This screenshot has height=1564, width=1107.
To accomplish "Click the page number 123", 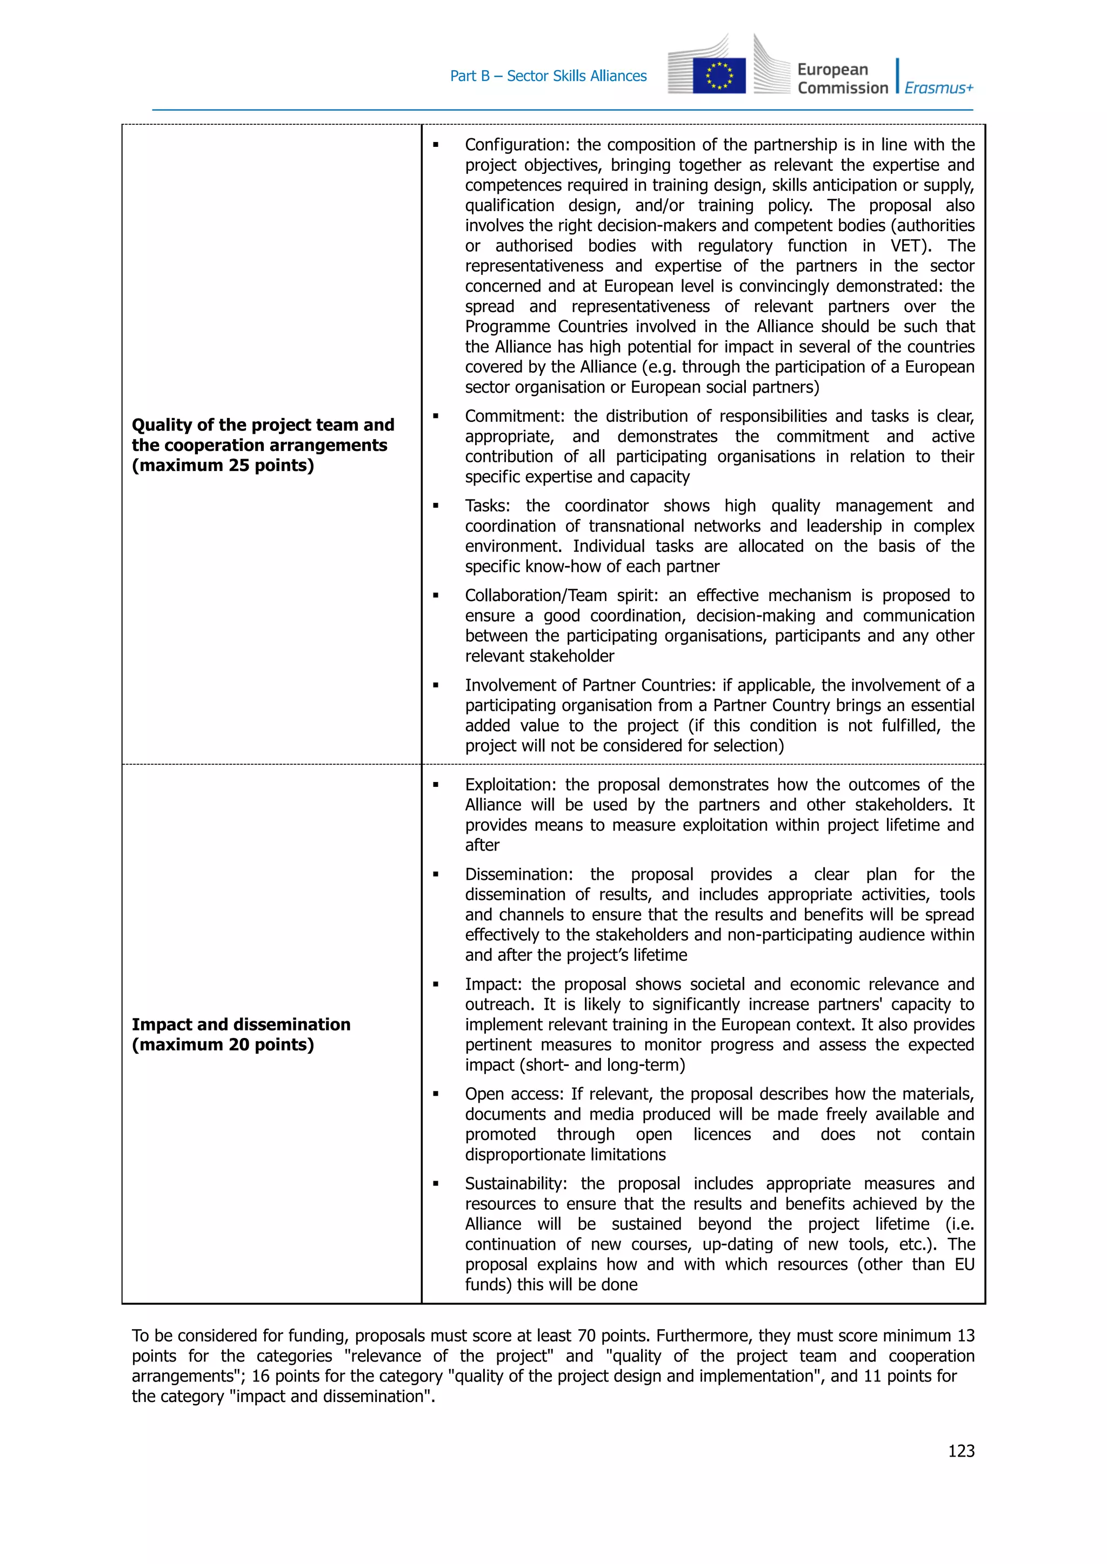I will [961, 1451].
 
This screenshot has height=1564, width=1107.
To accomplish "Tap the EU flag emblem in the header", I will [718, 75].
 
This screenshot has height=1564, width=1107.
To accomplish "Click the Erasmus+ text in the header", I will [939, 88].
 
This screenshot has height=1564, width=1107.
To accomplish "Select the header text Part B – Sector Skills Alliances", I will [548, 76].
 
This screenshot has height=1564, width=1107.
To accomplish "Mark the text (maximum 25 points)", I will [223, 465].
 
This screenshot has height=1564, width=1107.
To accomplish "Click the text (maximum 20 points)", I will [223, 1044].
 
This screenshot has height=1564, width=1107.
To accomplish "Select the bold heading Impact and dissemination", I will [241, 1024].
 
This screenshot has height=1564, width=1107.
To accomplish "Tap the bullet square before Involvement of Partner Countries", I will [436, 685].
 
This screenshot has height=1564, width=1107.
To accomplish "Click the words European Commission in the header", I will [843, 78].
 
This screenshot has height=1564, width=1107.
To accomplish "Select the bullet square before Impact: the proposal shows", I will [436, 985].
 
